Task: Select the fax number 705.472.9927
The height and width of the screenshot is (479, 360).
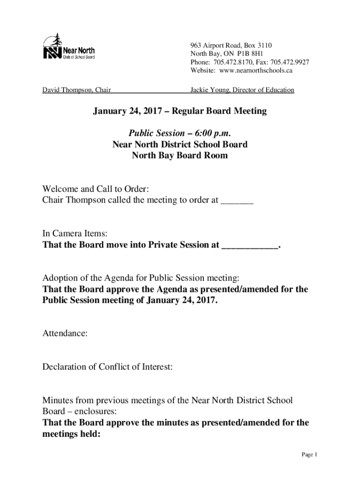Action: pyautogui.click(x=290, y=63)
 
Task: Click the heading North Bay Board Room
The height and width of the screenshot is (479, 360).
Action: pyautogui.click(x=180, y=155)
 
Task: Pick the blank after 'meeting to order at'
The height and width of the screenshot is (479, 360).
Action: pyautogui.click(x=237, y=201)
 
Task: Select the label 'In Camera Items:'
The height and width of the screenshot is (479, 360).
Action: pyautogui.click(x=71, y=233)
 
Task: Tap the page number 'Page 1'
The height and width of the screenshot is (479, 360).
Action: pyautogui.click(x=310, y=455)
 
